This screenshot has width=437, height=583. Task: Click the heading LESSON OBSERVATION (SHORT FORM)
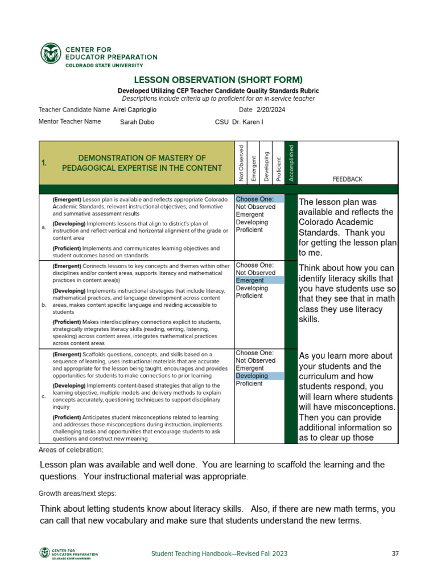coord(218,80)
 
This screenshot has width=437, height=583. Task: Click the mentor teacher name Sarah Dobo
coord(137,122)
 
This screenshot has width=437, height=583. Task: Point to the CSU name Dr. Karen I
coord(248,122)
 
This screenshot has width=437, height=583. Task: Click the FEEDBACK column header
coord(347,179)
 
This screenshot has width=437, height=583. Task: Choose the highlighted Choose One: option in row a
coord(259,199)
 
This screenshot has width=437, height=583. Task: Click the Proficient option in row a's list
coord(249,230)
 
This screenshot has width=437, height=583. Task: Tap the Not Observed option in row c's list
coord(255,360)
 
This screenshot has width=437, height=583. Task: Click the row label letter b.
coord(44,305)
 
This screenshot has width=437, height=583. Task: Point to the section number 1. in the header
coord(44,163)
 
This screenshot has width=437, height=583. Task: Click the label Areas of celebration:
coord(71,450)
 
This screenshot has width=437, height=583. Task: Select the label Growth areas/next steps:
coord(77,493)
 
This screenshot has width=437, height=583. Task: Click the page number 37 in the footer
coord(396,553)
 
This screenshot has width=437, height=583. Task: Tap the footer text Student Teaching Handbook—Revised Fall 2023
coord(219,553)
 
